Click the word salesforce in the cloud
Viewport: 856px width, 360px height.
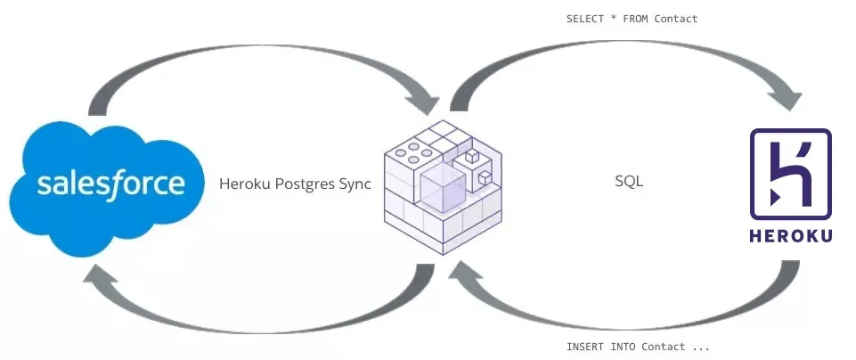click(x=110, y=184)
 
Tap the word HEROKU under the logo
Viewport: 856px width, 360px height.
click(x=791, y=236)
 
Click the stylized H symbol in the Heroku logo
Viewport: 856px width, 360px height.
click(x=791, y=175)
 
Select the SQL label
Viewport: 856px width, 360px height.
click(x=629, y=182)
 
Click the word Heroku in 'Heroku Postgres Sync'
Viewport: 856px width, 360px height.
click(x=241, y=184)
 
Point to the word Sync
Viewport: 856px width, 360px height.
click(x=354, y=184)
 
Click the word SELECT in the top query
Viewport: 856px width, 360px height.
click(x=584, y=19)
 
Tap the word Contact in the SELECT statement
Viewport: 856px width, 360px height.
click(x=676, y=19)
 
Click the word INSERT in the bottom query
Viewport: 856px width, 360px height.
click(x=584, y=346)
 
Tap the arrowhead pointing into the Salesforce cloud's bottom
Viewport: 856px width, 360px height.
click(x=98, y=283)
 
